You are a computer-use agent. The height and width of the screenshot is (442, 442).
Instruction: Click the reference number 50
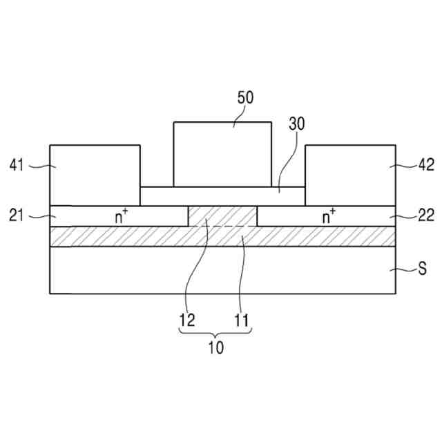[x=245, y=97]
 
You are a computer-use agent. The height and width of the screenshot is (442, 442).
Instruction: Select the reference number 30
[x=296, y=124]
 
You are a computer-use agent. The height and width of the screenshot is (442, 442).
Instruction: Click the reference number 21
[x=17, y=216]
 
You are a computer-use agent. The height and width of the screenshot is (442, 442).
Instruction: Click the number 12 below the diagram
[x=186, y=320]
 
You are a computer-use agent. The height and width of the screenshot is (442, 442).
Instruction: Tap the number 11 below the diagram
[x=242, y=320]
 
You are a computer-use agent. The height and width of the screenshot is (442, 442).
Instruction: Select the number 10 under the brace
[x=215, y=348]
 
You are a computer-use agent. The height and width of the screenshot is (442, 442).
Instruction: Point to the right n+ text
[x=329, y=216]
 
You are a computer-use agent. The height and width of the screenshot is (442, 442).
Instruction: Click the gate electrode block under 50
[x=222, y=153]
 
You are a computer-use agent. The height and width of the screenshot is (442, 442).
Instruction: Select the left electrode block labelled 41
[x=95, y=175]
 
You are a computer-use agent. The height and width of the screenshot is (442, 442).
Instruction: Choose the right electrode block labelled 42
[x=350, y=175]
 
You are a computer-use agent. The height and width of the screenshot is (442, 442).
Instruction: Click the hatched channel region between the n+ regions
[x=222, y=215]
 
